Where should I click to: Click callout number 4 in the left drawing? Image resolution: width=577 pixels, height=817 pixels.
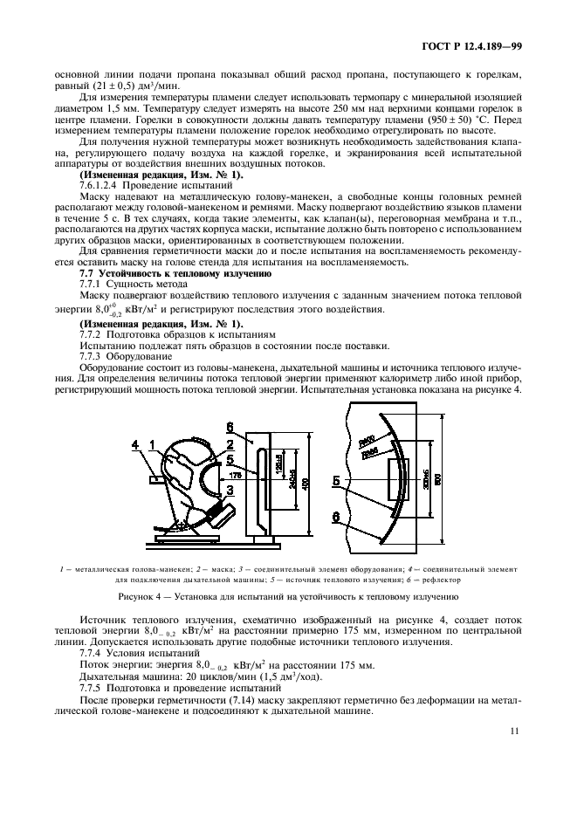[135, 446]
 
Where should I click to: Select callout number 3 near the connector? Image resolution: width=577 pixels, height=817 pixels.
[230, 491]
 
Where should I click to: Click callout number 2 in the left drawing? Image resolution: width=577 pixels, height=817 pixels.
[230, 443]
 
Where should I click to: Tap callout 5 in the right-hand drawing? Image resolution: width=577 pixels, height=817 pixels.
[335, 480]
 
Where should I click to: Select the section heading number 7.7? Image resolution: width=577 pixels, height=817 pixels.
[88, 274]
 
